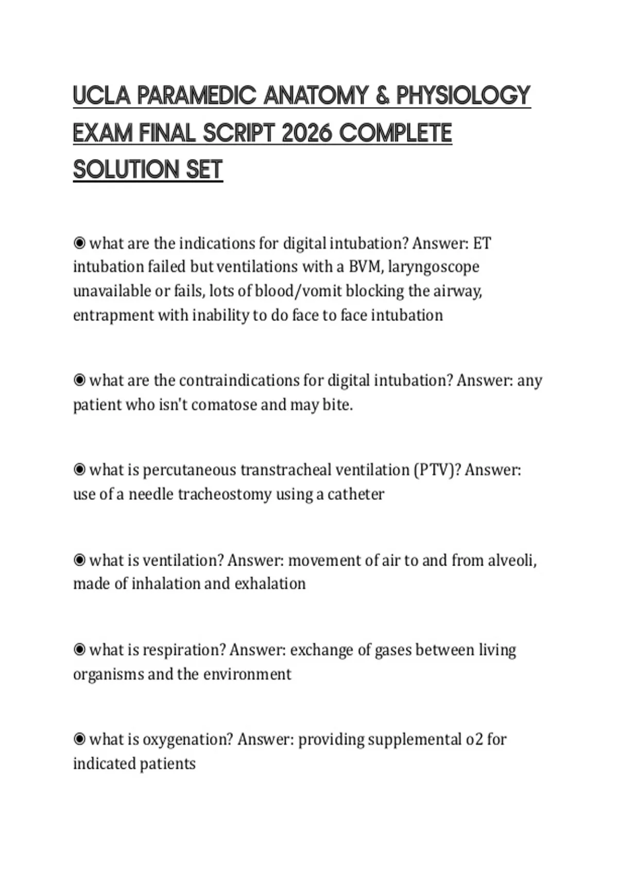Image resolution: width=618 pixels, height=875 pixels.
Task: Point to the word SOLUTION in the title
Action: click(126, 169)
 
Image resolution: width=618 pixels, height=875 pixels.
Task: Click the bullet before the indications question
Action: click(79, 242)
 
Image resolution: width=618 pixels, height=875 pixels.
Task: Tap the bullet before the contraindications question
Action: click(79, 380)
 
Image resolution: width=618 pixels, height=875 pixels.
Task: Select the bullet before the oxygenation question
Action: click(79, 739)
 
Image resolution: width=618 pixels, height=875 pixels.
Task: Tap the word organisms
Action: click(108, 674)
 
